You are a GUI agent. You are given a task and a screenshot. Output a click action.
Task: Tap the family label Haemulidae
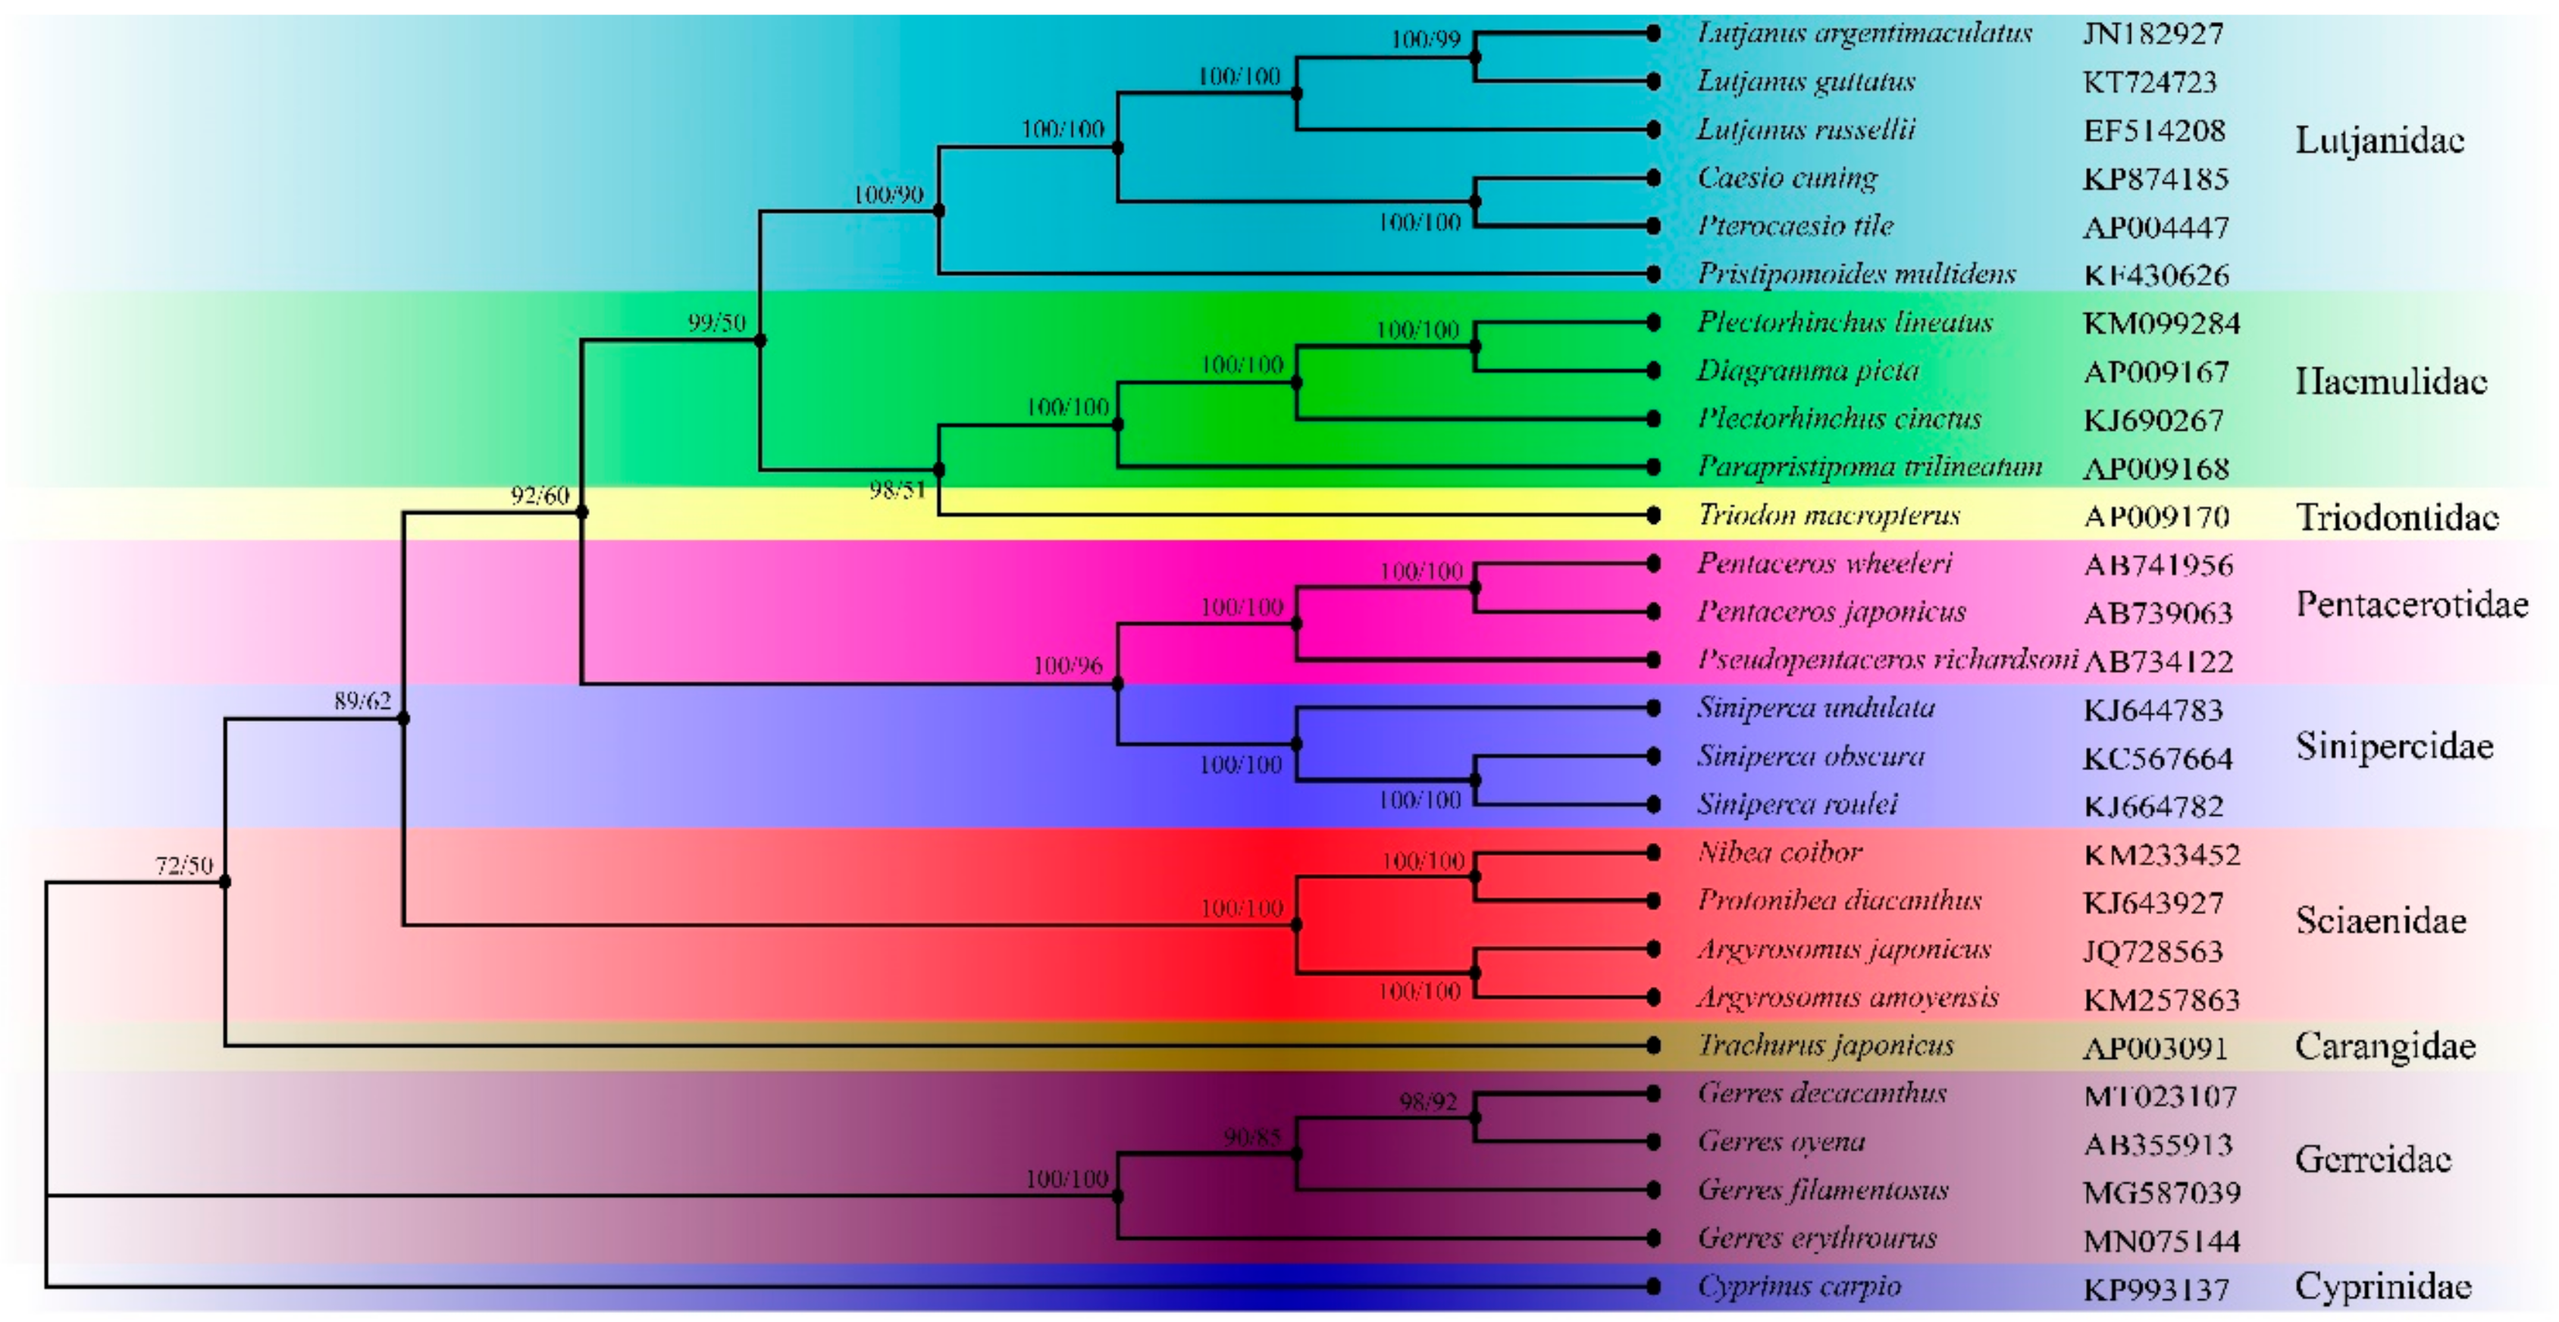2390,381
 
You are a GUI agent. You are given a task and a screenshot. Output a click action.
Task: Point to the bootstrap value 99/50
716,322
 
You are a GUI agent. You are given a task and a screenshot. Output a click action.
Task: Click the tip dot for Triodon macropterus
1653,515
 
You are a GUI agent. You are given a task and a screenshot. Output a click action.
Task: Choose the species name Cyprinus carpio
1799,1286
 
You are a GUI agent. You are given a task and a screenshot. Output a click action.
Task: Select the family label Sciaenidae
2380,921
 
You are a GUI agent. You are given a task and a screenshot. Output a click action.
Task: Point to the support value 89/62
362,701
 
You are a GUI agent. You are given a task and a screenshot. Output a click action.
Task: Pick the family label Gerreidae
2373,1159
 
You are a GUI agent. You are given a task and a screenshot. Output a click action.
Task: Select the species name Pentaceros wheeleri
1824,563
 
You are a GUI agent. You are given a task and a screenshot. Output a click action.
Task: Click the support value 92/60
540,495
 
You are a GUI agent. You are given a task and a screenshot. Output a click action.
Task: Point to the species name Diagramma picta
1807,371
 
